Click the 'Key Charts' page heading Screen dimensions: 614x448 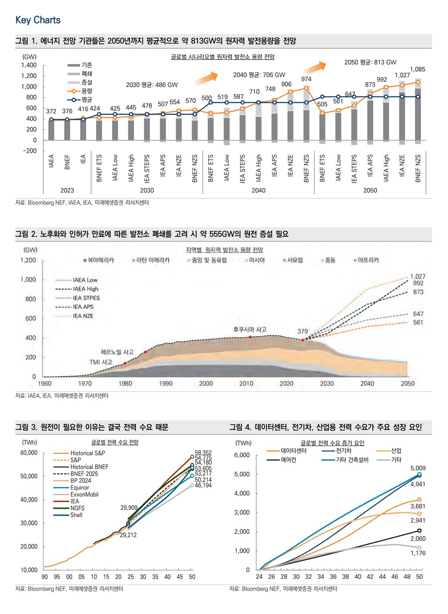pyautogui.click(x=38, y=20)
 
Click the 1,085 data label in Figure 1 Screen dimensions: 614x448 pyautogui.click(x=418, y=69)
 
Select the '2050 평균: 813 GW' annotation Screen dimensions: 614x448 pyautogui.click(x=370, y=62)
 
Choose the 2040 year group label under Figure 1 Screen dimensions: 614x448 pyautogui.click(x=258, y=191)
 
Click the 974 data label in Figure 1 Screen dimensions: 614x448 pyautogui.click(x=306, y=79)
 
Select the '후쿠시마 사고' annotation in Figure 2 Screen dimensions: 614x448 pyautogui.click(x=250, y=329)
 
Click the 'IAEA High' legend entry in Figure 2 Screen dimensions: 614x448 pyautogui.click(x=85, y=289)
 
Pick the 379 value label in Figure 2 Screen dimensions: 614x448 pyautogui.click(x=303, y=331)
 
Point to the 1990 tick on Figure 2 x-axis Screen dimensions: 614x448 pyautogui.click(x=166, y=384)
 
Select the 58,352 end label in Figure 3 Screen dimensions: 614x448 pyautogui.click(x=204, y=453)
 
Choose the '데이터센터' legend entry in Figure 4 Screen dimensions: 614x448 pyautogui.click(x=293, y=450)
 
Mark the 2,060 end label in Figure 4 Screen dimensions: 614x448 pyautogui.click(x=419, y=539)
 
